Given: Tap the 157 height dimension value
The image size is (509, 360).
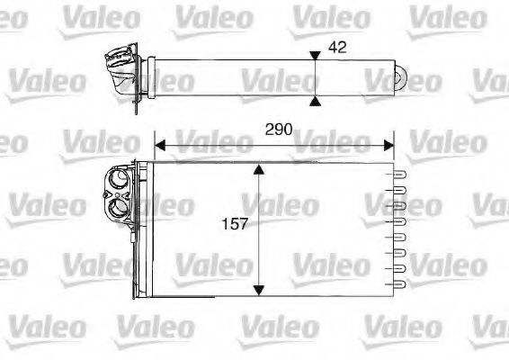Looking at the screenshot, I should tap(235, 222).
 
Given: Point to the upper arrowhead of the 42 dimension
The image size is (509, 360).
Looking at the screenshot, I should tap(314, 56).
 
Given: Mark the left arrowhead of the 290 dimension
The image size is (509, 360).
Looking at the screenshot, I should tap(160, 143).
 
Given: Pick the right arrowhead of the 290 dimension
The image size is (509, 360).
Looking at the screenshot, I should tap(388, 143).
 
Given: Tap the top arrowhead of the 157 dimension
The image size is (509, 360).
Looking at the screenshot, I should tap(258, 169).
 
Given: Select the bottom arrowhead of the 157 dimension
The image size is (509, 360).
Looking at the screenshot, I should tap(258, 289).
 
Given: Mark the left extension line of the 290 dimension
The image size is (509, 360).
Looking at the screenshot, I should tap(155, 148).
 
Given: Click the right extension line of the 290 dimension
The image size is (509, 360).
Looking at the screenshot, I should tap(394, 148).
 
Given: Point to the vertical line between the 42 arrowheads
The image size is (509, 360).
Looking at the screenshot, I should tap(314, 76).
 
